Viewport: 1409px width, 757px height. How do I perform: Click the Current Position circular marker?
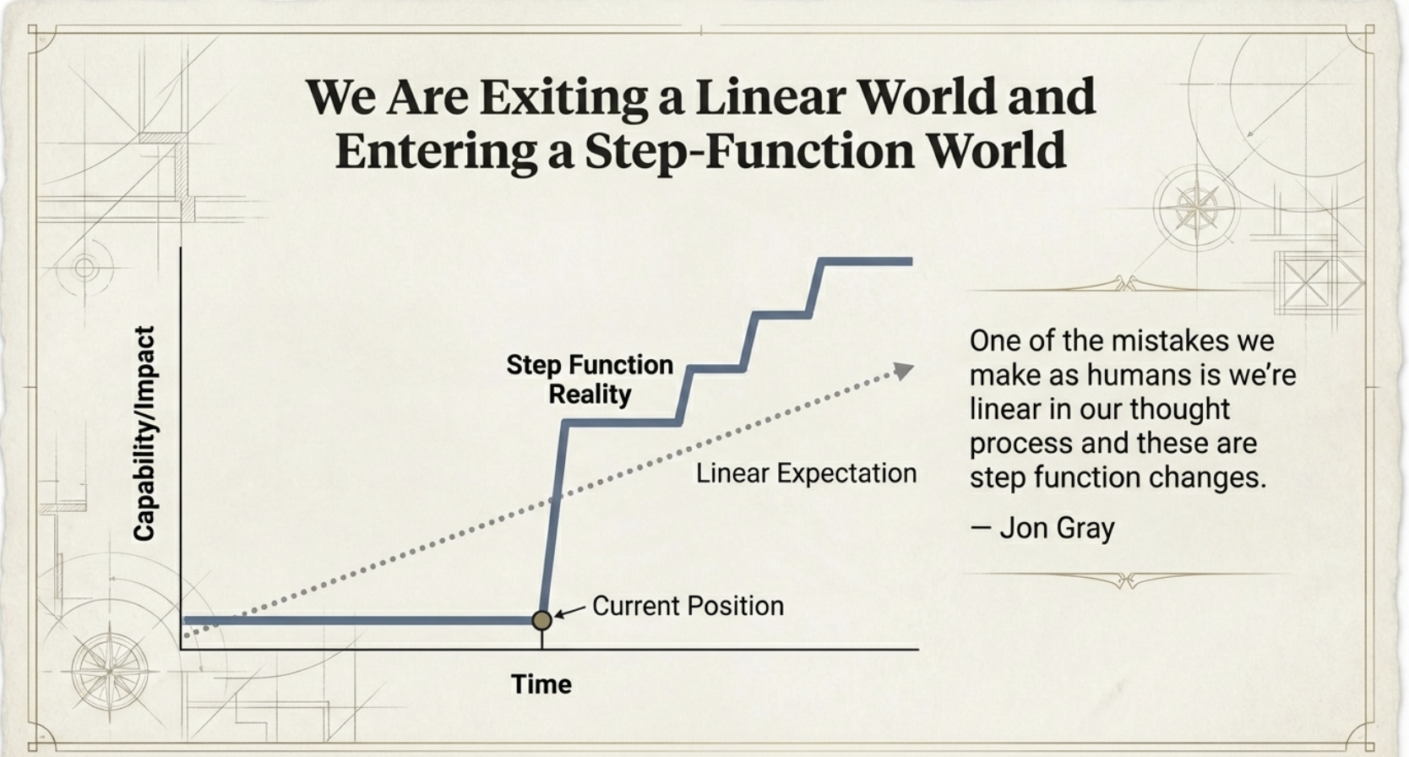pos(541,620)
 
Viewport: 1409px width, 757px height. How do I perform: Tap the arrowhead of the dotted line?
pos(904,371)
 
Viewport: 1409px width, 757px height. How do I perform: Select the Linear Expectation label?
pos(806,473)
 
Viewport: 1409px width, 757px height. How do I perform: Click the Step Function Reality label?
pos(590,379)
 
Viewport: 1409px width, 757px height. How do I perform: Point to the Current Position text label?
pos(688,606)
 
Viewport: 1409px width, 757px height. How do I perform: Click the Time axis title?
pos(541,684)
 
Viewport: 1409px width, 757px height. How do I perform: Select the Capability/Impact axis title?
pos(144,433)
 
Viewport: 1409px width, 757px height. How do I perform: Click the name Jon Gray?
pos(1057,527)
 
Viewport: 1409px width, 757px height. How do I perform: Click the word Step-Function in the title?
pos(749,151)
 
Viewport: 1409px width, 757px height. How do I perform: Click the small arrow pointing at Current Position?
pos(568,611)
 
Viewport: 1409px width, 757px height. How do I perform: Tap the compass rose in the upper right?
pos(1196,208)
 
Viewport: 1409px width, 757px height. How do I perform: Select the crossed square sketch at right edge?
pos(1306,282)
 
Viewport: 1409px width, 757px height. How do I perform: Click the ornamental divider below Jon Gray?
pos(1127,579)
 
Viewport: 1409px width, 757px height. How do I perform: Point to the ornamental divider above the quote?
pos(1126,285)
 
